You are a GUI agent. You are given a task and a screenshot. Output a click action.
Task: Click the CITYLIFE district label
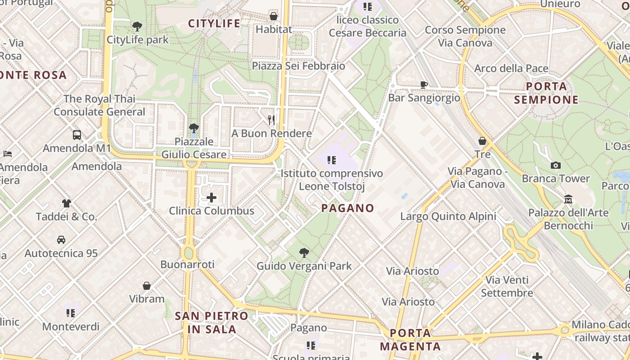(x=214, y=23)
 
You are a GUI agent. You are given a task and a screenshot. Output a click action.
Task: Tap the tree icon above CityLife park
(x=137, y=27)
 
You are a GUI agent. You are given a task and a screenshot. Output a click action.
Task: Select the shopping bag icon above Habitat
(x=273, y=17)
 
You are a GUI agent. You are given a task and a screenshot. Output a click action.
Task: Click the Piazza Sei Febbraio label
(x=298, y=66)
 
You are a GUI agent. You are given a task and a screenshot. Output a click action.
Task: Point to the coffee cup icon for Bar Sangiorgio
(x=423, y=85)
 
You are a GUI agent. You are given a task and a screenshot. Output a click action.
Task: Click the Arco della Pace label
(x=511, y=68)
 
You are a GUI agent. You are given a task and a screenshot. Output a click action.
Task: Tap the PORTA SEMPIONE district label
(x=546, y=93)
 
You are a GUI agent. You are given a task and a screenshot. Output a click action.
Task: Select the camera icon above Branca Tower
(x=555, y=166)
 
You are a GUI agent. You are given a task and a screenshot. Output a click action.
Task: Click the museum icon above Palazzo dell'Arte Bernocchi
(x=568, y=199)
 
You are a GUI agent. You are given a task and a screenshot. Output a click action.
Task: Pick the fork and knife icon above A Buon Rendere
(x=271, y=120)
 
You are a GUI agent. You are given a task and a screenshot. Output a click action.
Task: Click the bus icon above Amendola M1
(x=77, y=135)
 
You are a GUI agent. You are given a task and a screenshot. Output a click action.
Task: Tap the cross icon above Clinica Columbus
(x=211, y=197)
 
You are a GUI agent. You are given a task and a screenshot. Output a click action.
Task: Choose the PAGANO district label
(x=348, y=208)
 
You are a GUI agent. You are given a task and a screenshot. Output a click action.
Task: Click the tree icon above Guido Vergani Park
(x=304, y=253)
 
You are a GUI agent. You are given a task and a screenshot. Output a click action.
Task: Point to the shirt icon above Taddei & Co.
(x=67, y=203)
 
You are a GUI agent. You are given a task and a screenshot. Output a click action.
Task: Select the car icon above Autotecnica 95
(x=61, y=240)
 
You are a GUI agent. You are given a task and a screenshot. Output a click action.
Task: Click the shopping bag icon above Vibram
(x=147, y=286)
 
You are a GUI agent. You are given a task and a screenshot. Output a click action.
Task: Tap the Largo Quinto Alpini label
(x=448, y=216)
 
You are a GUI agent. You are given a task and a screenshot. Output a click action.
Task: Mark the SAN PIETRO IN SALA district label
(x=211, y=323)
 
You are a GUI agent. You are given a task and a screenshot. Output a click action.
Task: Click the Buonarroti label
(x=187, y=264)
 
